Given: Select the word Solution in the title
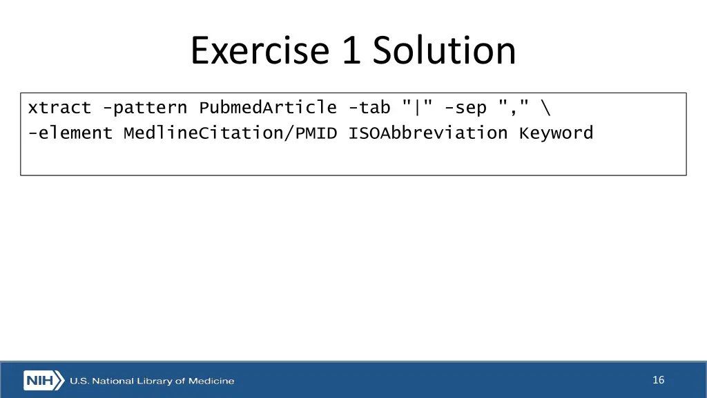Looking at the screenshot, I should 445,51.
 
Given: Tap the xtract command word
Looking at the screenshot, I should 59,108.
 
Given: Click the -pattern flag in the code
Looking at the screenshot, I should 144,108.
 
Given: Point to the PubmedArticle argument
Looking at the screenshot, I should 268,108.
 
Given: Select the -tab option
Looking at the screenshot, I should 369,108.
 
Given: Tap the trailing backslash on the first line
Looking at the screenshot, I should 546,108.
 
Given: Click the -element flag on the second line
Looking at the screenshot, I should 70,133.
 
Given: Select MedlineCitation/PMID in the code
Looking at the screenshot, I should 230,133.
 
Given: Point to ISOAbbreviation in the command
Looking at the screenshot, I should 427,133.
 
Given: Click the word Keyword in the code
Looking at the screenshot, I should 556,133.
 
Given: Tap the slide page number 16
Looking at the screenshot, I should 658,380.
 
